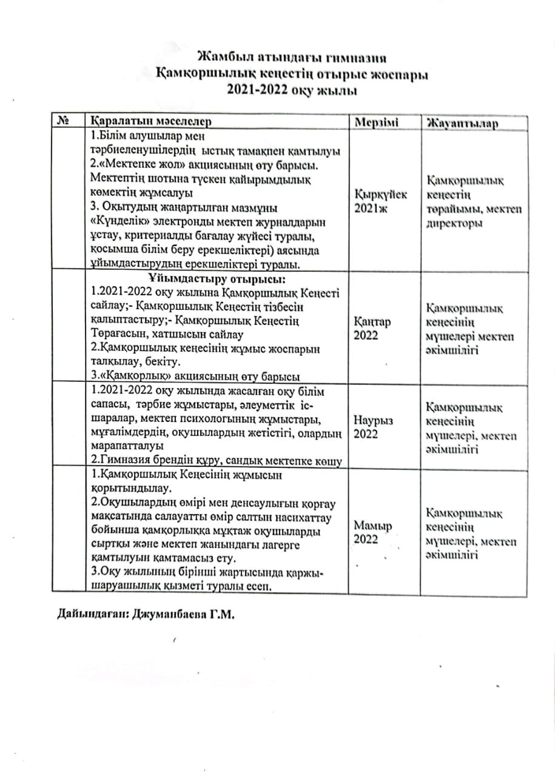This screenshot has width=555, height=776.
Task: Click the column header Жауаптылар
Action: pos(462,122)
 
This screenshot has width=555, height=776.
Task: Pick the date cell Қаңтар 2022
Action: pos(371,327)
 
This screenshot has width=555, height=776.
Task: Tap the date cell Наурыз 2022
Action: pos(372,426)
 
